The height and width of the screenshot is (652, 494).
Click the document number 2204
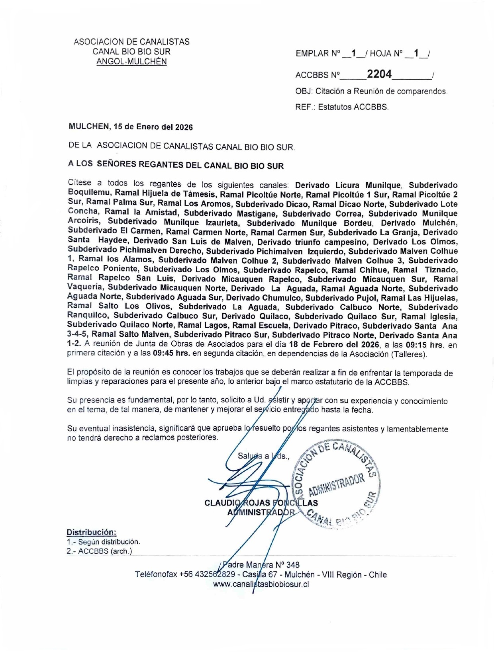[379, 74]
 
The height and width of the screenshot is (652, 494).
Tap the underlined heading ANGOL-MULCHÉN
[131, 61]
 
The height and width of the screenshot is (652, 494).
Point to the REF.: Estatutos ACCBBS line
[342, 107]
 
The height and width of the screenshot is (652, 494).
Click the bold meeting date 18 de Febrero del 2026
[334, 345]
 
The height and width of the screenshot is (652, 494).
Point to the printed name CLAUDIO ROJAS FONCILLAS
[261, 503]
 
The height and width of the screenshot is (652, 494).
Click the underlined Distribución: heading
[91, 532]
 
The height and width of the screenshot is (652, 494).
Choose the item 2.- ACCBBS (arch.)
[99, 551]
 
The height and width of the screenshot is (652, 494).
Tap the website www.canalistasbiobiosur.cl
[261, 584]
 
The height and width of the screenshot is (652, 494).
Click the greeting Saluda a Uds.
[263, 456]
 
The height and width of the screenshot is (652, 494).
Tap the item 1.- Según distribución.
[103, 542]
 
